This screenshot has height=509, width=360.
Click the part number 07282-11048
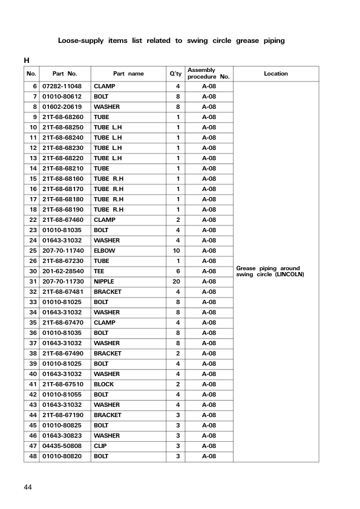[62, 86]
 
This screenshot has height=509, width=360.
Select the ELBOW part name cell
[105, 251]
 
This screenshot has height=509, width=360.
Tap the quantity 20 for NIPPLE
[178, 282]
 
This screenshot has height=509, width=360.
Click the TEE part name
[99, 271]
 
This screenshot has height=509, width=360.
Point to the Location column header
[276, 74]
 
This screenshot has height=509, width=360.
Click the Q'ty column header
[175, 74]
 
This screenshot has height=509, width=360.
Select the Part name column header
[128, 74]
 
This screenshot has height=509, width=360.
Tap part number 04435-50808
[62, 446]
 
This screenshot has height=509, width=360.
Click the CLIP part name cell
[100, 446]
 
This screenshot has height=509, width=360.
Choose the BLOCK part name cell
[103, 384]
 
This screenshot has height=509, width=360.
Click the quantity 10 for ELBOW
[178, 251]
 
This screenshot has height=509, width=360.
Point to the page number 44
[28, 487]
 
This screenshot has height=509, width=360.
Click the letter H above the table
[27, 60]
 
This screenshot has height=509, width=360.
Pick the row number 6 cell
[35, 86]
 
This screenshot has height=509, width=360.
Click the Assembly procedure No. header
[208, 74]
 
